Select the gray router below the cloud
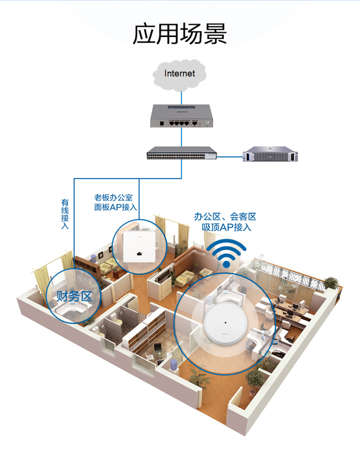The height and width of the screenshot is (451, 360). click(x=181, y=116)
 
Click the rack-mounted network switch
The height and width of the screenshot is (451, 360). click(x=182, y=154)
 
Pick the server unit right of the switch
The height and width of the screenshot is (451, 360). click(x=269, y=154)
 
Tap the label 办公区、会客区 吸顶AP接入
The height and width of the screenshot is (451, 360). click(x=225, y=222)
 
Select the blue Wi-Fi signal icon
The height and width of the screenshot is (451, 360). click(x=226, y=254)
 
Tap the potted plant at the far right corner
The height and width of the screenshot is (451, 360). click(x=331, y=282)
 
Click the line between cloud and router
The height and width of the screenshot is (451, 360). click(x=181, y=97)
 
